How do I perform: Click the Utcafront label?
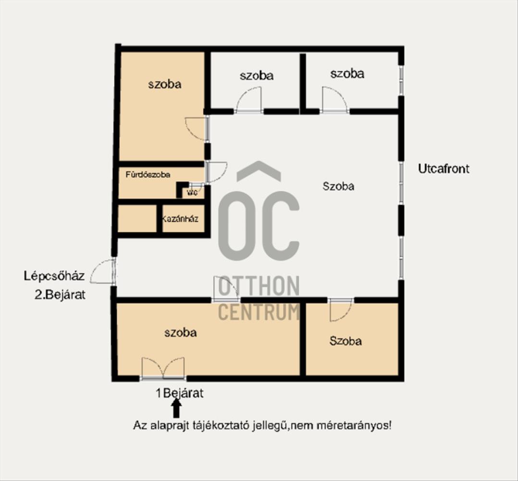tap(444, 169)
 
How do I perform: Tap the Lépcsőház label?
tap(54, 276)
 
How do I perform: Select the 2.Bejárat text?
tap(60, 294)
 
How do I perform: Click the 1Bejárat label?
tap(179, 393)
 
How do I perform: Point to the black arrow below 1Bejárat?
tap(176, 408)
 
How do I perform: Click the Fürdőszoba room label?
tap(148, 175)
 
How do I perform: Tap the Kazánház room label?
tap(180, 218)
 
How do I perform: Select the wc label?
tap(192, 192)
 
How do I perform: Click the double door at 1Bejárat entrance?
tap(163, 368)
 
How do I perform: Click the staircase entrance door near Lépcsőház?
tap(103, 271)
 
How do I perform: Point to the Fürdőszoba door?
tap(216, 172)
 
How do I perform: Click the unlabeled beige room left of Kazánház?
tap(137, 218)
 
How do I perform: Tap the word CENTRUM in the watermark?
tap(259, 312)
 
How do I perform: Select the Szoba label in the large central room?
tap(338, 186)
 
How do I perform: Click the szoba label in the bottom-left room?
tap(180, 332)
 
